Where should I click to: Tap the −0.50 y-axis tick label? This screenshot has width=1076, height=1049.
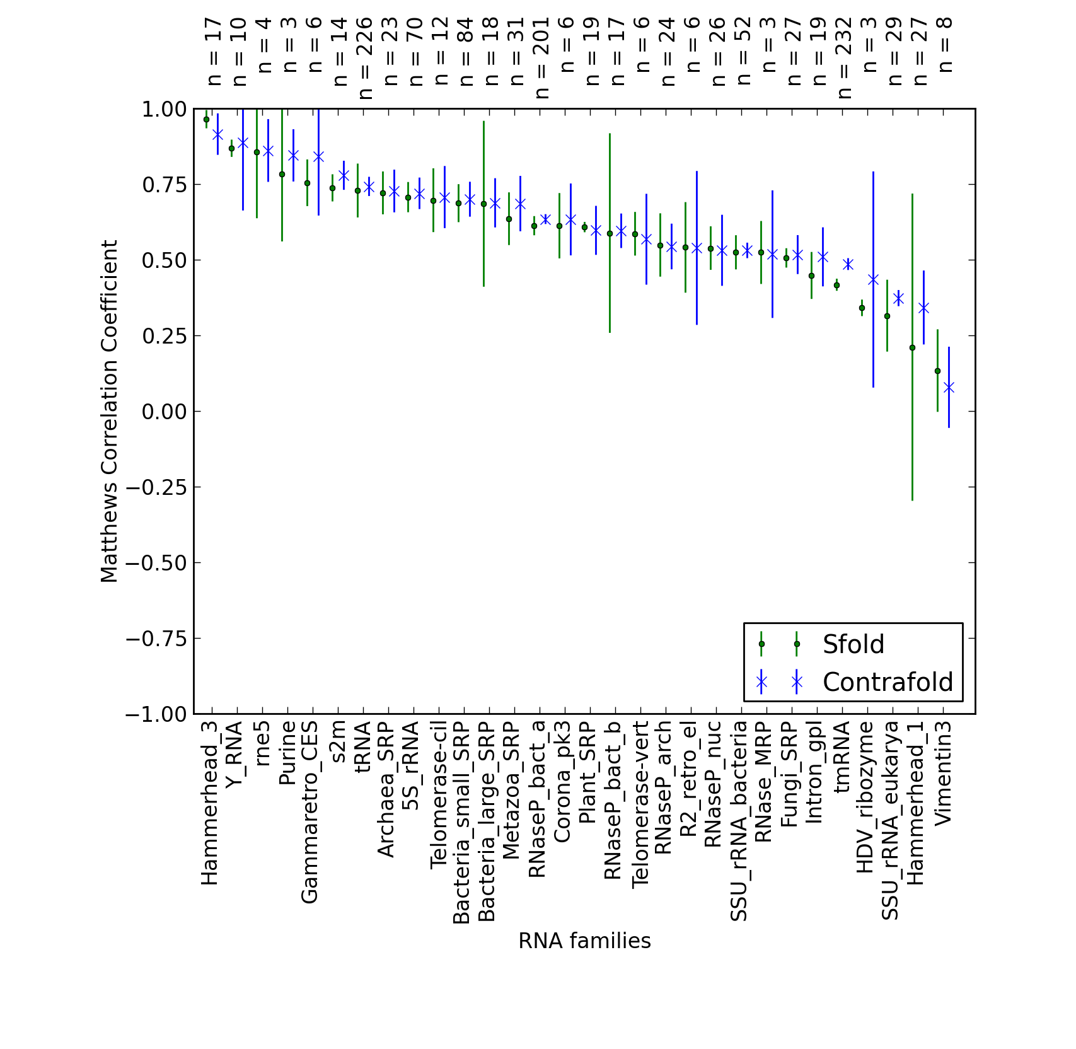point(157,563)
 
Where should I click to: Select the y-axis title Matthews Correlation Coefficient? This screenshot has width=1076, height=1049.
point(109,411)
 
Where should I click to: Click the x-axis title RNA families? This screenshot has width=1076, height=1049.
point(584,941)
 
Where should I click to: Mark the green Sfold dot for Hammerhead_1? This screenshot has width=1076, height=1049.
point(912,347)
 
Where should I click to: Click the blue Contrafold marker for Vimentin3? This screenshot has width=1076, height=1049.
point(949,388)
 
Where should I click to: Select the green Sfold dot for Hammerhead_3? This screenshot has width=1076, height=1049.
point(206,119)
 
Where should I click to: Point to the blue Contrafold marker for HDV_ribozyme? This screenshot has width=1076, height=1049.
point(873,279)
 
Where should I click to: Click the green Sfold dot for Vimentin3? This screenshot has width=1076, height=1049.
point(937,371)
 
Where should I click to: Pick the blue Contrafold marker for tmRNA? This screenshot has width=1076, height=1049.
point(848,264)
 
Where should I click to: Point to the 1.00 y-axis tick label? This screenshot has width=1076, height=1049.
point(165,109)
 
